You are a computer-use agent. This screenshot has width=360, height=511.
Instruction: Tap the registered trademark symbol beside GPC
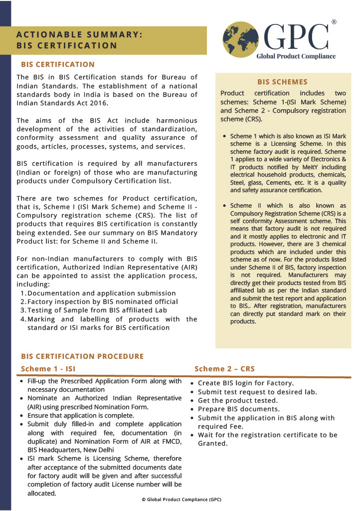(334, 22)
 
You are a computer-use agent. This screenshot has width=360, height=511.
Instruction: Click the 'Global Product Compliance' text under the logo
(296, 56)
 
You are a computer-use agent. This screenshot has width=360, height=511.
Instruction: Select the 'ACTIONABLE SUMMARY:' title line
(80, 34)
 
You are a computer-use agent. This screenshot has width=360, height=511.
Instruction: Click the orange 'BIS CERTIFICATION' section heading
(58, 64)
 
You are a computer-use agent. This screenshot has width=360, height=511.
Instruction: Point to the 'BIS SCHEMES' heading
(282, 82)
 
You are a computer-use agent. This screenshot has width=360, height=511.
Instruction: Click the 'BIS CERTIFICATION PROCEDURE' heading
(82, 356)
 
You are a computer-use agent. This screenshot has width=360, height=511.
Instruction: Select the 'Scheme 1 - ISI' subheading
(48, 369)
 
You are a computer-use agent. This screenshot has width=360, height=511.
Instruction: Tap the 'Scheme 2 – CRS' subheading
(224, 369)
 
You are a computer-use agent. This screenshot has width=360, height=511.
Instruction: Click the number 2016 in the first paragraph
(98, 103)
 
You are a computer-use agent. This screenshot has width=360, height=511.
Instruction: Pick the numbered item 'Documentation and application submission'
(101, 293)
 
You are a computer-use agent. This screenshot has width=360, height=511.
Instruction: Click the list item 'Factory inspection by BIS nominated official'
(102, 301)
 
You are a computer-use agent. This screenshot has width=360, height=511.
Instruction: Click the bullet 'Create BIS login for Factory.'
(245, 383)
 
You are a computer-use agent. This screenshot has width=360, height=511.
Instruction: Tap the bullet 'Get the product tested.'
(237, 401)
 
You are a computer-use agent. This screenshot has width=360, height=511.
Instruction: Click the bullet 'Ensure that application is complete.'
(80, 415)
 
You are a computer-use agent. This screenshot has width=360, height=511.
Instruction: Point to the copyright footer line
(181, 500)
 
